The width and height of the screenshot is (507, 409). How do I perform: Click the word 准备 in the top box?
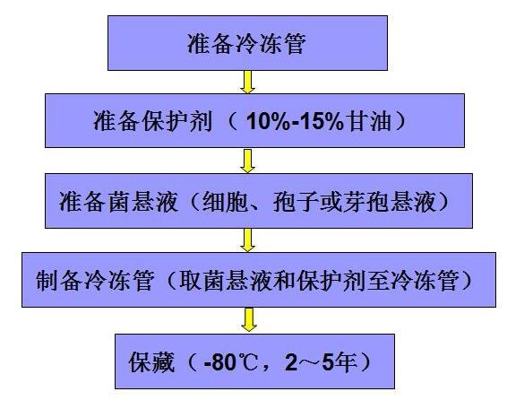211,44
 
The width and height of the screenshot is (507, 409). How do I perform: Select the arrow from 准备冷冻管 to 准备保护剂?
248,82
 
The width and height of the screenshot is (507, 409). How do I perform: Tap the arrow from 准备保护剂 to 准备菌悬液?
248,161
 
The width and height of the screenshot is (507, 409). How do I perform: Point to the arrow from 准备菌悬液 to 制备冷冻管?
248,240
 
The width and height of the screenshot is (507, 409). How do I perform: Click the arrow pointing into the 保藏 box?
249,319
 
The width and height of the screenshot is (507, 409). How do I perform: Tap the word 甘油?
368,121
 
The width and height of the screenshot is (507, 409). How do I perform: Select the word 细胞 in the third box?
225,202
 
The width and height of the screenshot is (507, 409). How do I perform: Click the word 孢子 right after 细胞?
296,202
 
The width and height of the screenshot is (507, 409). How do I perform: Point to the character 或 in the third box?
331,202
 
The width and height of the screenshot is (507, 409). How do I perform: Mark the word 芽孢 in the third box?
365,202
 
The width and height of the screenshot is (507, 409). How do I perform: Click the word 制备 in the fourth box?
58,281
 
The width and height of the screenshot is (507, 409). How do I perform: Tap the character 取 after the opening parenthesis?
190,281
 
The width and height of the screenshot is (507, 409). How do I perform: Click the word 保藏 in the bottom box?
152,361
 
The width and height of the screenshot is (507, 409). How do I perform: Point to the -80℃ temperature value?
230,362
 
